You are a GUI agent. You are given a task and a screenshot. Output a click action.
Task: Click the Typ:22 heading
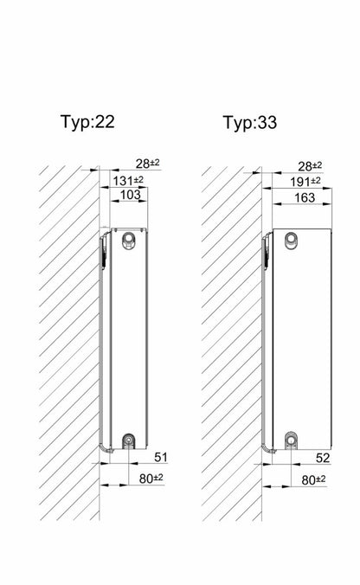[87, 122]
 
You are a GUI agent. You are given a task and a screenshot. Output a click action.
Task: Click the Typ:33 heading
[249, 123]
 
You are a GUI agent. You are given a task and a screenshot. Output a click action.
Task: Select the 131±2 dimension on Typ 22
[128, 181]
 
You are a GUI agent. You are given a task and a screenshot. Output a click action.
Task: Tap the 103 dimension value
[130, 195]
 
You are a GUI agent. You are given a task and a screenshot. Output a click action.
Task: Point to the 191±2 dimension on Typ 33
[305, 182]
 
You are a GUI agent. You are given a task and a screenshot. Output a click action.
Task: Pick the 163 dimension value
[305, 197]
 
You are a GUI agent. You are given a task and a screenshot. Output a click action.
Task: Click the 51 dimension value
[161, 457]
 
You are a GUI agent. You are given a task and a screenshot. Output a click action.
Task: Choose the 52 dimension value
[323, 458]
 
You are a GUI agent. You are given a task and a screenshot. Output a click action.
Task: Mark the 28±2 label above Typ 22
[147, 164]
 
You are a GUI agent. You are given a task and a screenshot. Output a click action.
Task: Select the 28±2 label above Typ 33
[310, 165]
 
